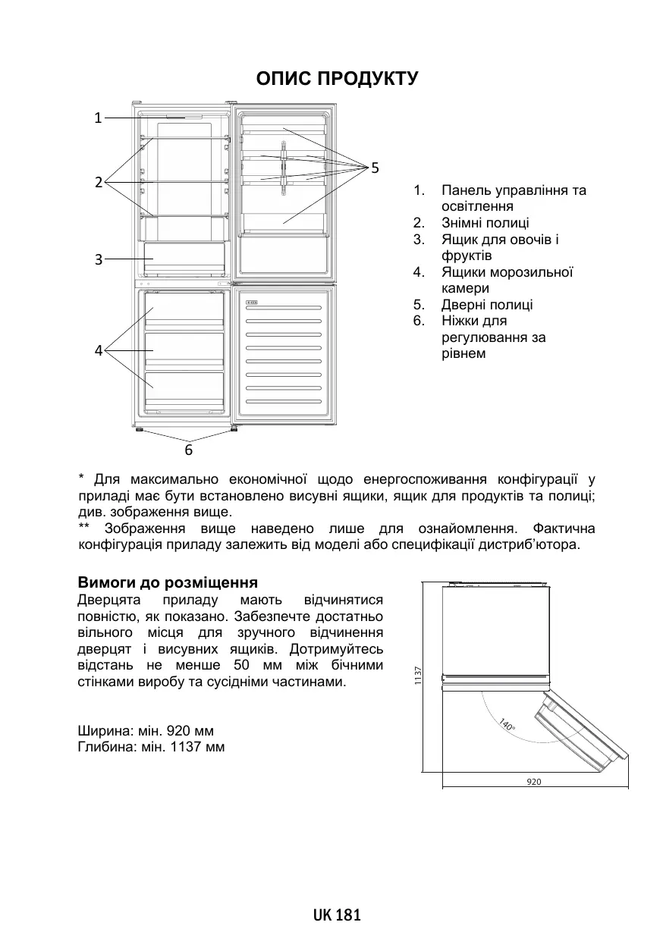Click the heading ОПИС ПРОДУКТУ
pyautogui.click(x=337, y=79)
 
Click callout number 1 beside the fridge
pyautogui.click(x=98, y=118)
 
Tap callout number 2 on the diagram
pyautogui.click(x=98, y=182)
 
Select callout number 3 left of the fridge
pyautogui.click(x=98, y=259)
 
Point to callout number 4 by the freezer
pyautogui.click(x=98, y=350)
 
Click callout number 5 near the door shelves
pyautogui.click(x=375, y=167)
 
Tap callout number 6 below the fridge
pyautogui.click(x=189, y=450)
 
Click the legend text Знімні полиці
pyautogui.click(x=485, y=223)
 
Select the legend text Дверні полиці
pyautogui.click(x=487, y=305)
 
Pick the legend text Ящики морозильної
pyautogui.click(x=507, y=272)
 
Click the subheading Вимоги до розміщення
pyautogui.click(x=168, y=583)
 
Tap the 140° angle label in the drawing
pyautogui.click(x=507, y=725)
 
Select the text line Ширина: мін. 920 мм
pyautogui.click(x=146, y=732)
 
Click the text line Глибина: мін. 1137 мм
pyautogui.click(x=151, y=748)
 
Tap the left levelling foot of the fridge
pyautogui.click(x=140, y=431)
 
